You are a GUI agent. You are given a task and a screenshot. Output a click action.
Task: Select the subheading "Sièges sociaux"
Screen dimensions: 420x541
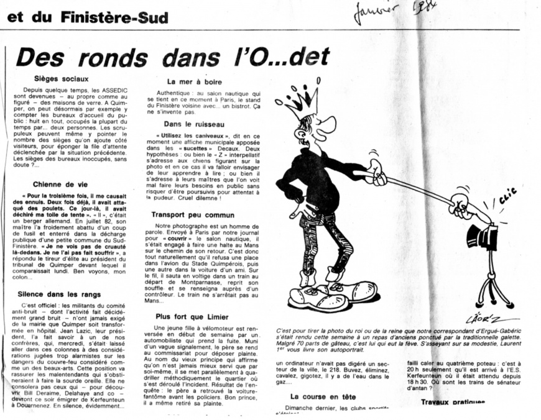point(61,79)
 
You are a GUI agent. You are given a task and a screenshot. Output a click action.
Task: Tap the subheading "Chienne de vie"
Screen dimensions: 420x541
point(60,184)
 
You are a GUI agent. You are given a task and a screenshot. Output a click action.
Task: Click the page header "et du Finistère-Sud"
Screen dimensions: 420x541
point(88,17)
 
